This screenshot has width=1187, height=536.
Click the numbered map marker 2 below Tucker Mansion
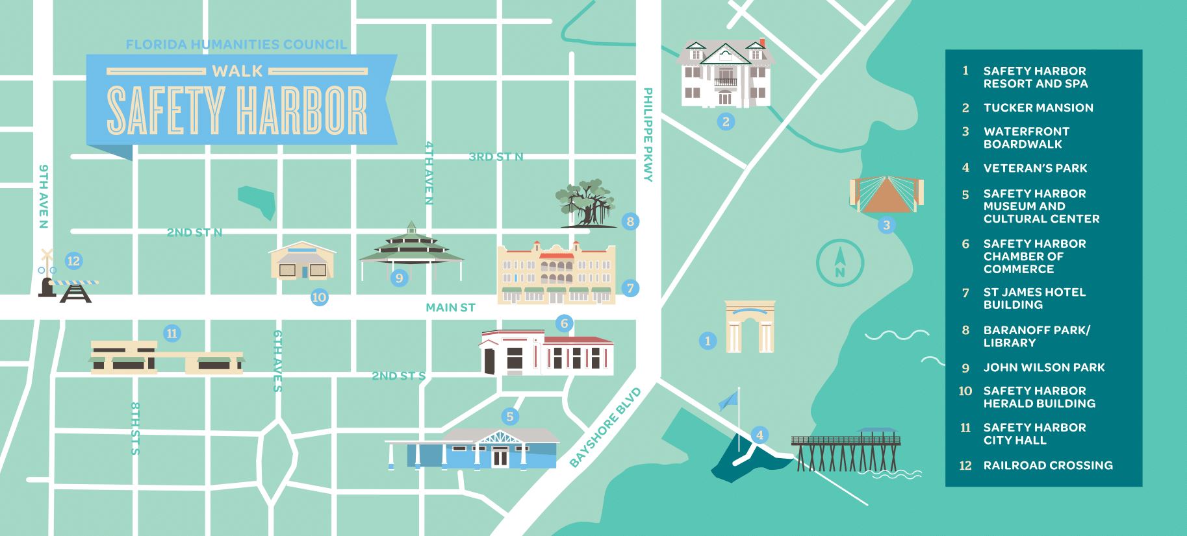[726, 121]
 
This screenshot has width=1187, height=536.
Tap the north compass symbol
[839, 263]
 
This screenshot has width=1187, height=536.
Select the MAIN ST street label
[450, 308]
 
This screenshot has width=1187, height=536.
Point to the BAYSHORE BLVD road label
[605, 428]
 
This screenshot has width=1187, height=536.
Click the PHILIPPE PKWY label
[648, 134]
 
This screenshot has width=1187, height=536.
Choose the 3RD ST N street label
[496, 156]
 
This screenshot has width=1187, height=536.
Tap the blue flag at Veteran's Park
[729, 400]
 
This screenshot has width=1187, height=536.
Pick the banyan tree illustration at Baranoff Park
[585, 205]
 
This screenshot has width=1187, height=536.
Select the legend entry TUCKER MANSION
[1038, 108]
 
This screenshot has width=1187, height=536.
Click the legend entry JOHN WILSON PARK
[1043, 367]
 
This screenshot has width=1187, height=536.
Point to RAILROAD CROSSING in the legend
[1047, 465]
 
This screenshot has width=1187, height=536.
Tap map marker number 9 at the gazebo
[399, 278]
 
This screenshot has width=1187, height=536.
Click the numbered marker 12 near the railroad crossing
[73, 261]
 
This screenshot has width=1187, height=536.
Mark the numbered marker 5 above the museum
[510, 417]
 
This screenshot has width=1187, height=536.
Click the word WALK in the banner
[237, 71]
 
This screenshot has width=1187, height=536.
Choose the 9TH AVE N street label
[44, 196]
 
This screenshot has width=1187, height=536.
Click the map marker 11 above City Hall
[172, 334]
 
